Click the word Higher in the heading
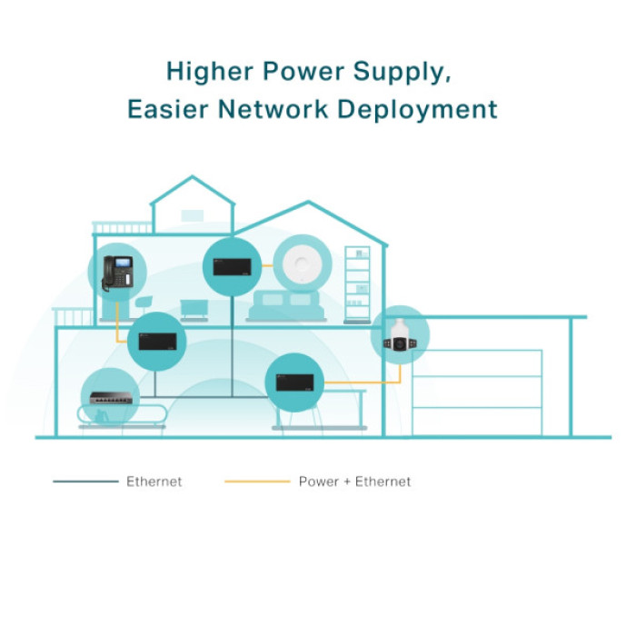click(x=210, y=72)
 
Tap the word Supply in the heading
click(x=402, y=73)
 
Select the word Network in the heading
click(x=273, y=109)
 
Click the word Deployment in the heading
click(x=418, y=110)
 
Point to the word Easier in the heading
click(x=168, y=109)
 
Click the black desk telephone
click(x=117, y=273)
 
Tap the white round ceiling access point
click(x=303, y=263)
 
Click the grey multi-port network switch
click(x=111, y=398)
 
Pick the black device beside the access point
click(x=232, y=267)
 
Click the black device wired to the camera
click(x=295, y=383)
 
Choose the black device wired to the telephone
click(x=157, y=342)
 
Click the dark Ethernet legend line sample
click(x=85, y=482)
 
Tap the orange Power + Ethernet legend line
click(x=257, y=482)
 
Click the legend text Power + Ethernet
click(x=354, y=482)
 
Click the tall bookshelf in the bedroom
click(x=357, y=284)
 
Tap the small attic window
click(x=193, y=215)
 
